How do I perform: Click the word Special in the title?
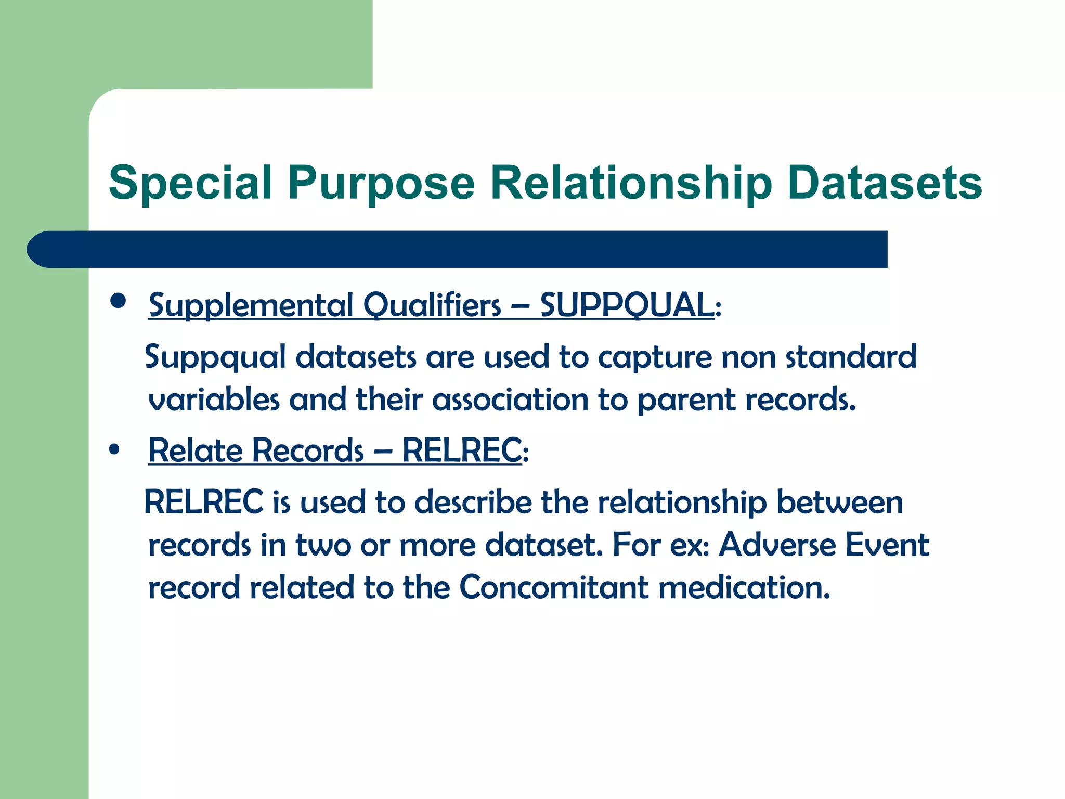click(190, 183)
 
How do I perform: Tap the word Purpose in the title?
click(381, 183)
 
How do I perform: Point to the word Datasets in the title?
click(884, 183)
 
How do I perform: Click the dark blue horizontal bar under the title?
click(458, 249)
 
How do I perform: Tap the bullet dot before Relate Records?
click(114, 449)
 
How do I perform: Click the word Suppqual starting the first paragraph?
click(215, 358)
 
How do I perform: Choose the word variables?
click(214, 400)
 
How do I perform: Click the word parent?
click(686, 400)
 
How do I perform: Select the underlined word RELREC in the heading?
click(461, 450)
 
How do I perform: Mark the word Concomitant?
click(553, 588)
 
